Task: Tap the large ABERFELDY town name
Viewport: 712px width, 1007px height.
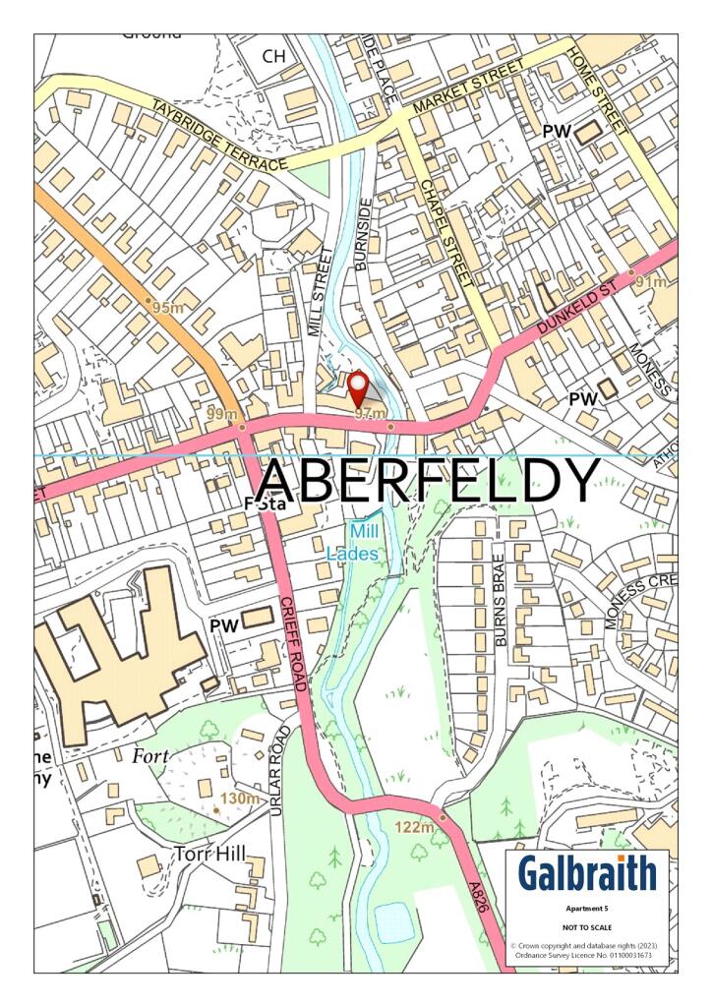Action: point(427,481)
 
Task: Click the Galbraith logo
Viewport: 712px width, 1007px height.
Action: point(587,872)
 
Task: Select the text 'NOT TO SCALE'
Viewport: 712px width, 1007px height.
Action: point(587,927)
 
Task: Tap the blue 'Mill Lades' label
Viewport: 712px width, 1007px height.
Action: point(352,542)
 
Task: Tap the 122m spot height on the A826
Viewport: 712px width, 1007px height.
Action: point(413,828)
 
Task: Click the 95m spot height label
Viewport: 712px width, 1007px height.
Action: point(168,308)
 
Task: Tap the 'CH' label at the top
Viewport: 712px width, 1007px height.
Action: point(273,57)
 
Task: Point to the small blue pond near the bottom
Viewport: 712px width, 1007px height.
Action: point(393,921)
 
